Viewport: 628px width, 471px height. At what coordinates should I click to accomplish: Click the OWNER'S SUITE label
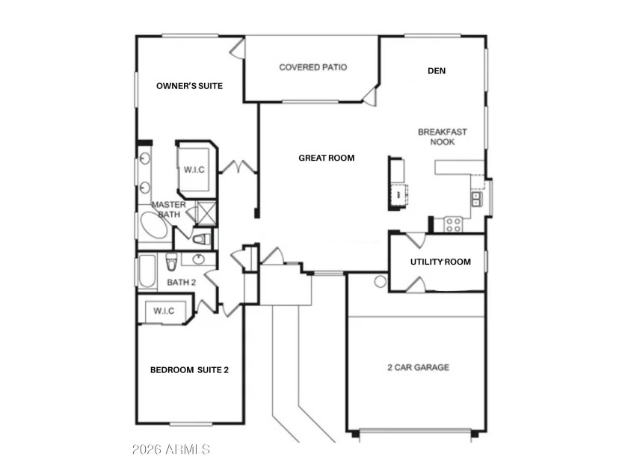pos(189,86)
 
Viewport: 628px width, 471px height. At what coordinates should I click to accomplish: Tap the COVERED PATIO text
pos(313,67)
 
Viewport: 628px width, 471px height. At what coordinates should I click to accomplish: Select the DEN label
pos(437,71)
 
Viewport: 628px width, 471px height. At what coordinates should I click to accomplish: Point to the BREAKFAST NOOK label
pos(442,137)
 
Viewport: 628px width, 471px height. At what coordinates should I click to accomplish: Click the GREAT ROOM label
pos(327,158)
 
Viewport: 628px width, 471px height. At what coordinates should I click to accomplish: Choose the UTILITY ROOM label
pos(440,262)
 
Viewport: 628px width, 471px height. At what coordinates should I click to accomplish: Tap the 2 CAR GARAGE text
pos(418,367)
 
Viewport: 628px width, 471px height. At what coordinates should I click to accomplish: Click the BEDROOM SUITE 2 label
pos(189,370)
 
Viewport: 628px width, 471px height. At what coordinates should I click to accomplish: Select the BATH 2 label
pos(182,283)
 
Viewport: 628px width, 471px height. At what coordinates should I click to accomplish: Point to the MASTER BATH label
pos(169,209)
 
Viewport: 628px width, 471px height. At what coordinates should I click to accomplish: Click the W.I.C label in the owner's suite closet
pos(194,170)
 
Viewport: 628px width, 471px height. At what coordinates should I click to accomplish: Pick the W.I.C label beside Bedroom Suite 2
pos(164,311)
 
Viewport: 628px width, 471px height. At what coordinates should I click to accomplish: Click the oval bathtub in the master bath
pos(153,226)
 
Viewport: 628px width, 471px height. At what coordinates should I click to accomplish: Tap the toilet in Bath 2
pos(171,261)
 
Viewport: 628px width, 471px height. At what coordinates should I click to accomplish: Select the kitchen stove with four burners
pos(453,225)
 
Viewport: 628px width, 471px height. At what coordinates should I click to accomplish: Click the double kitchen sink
pos(476,199)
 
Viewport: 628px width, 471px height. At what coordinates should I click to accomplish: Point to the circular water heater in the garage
pos(380,282)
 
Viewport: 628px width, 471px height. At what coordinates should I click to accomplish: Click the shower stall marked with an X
pos(207,212)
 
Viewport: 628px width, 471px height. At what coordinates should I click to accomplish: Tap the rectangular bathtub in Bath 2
pos(147,271)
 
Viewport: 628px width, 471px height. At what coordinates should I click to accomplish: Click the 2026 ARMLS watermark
pos(171,449)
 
